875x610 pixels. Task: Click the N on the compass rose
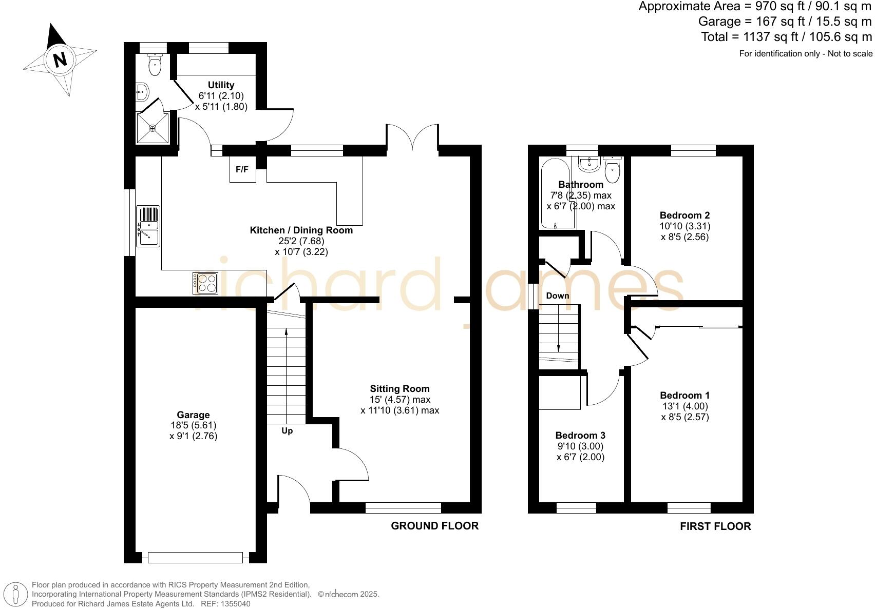tap(61, 60)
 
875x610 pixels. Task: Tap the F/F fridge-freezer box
tap(242, 169)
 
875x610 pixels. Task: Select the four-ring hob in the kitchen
tap(206, 283)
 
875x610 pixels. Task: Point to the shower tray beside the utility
tap(153, 128)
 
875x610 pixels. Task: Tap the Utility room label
tap(221, 85)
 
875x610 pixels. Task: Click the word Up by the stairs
tap(287, 431)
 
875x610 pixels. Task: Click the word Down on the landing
tap(558, 296)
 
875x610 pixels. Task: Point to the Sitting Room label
tap(400, 389)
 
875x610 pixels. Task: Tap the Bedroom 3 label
tap(580, 435)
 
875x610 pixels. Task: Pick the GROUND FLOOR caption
tap(434, 526)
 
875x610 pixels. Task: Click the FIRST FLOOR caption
tap(715, 526)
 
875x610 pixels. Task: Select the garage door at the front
tap(195, 557)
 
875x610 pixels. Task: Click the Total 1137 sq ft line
tap(786, 37)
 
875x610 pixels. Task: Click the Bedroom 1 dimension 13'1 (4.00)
tap(684, 406)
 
